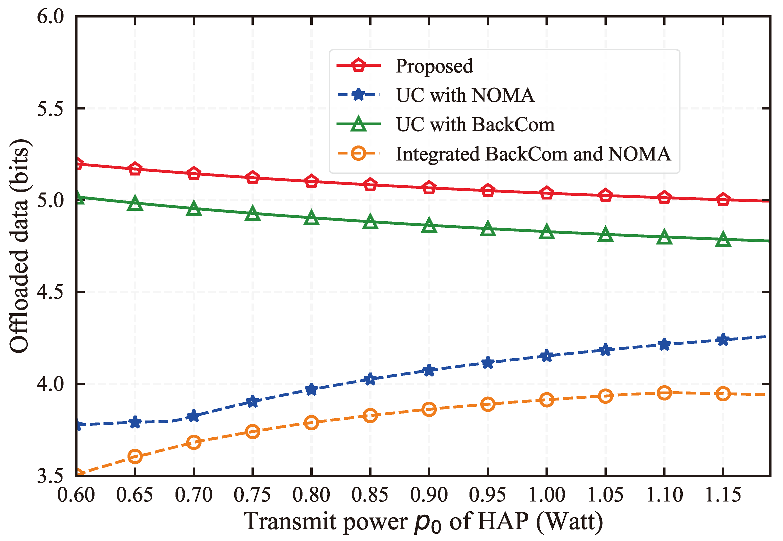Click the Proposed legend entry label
click(x=434, y=66)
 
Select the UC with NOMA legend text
click(x=465, y=95)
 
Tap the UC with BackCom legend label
click(x=475, y=124)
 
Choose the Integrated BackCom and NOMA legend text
click(x=533, y=154)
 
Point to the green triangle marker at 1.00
click(x=546, y=232)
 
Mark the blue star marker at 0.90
click(x=429, y=370)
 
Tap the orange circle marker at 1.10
click(x=664, y=393)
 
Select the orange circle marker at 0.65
click(x=135, y=456)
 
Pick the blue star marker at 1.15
click(x=723, y=339)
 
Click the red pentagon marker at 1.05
click(x=605, y=195)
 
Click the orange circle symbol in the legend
click(x=358, y=153)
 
